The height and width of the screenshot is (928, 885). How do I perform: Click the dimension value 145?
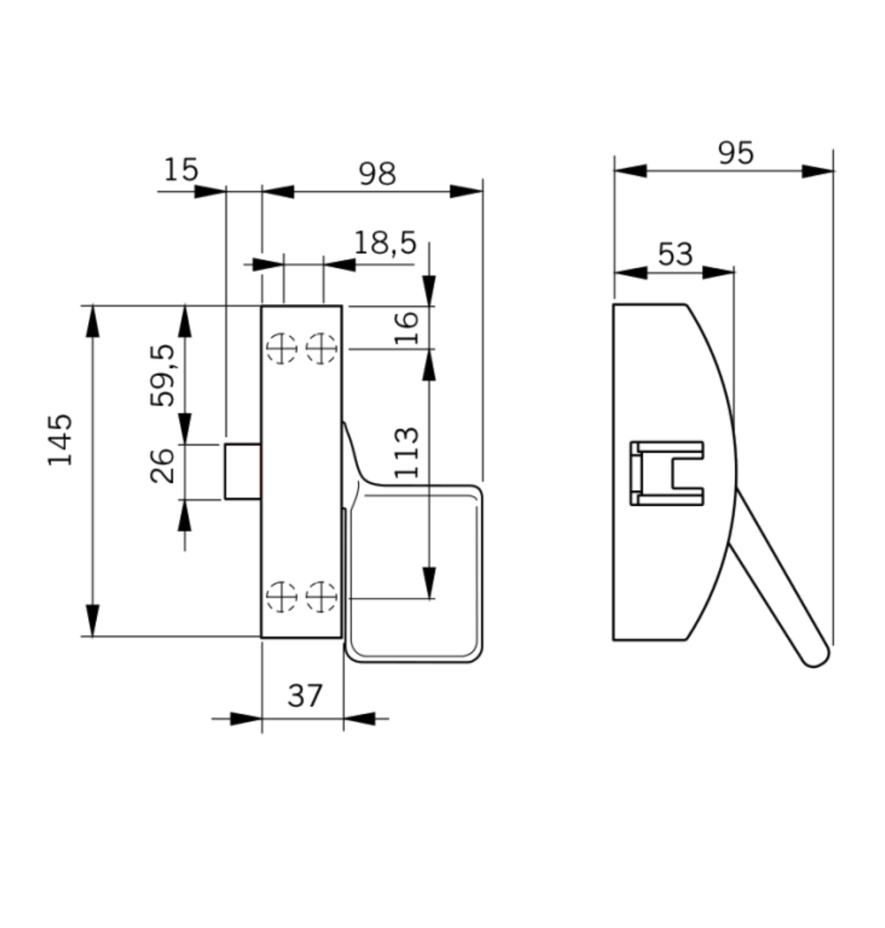click(60, 439)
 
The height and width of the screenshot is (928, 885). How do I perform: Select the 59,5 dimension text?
click(163, 375)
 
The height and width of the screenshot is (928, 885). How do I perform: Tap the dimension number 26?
click(163, 465)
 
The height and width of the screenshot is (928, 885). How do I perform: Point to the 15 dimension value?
click(180, 170)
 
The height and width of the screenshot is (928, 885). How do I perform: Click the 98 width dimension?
click(377, 174)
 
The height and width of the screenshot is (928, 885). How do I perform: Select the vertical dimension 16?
click(406, 328)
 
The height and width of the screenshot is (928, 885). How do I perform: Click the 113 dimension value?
click(406, 452)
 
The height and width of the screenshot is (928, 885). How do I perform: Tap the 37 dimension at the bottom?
click(305, 696)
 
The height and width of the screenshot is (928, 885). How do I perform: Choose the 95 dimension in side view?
click(736, 153)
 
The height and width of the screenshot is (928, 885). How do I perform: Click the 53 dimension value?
click(675, 254)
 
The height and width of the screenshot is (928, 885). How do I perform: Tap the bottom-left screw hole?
click(281, 596)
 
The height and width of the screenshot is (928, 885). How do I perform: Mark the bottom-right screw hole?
click(320, 596)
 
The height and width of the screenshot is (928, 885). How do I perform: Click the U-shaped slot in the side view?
click(667, 472)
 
